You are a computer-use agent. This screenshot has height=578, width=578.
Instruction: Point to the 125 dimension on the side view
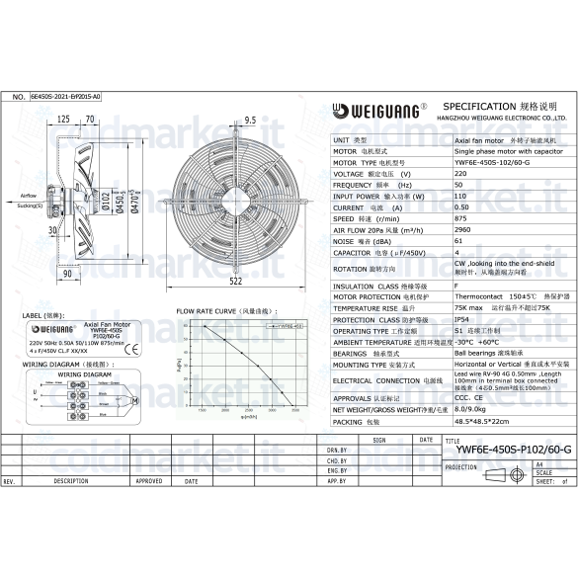pos(63,120)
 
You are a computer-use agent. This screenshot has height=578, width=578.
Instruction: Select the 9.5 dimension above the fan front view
pos(250,120)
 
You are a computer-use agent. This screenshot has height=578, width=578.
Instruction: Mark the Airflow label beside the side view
pos(30,197)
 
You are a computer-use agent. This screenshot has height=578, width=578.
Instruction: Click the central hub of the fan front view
pos(236,202)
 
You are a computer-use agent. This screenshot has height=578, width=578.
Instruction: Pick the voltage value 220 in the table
pos(460,173)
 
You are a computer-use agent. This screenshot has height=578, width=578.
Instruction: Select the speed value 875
pos(460,218)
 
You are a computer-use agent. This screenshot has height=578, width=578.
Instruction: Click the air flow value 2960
pos(462,230)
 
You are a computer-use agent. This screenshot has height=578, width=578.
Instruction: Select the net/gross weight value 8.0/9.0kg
pos(472,409)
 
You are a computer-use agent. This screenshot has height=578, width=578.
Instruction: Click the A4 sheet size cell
pos(538,462)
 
